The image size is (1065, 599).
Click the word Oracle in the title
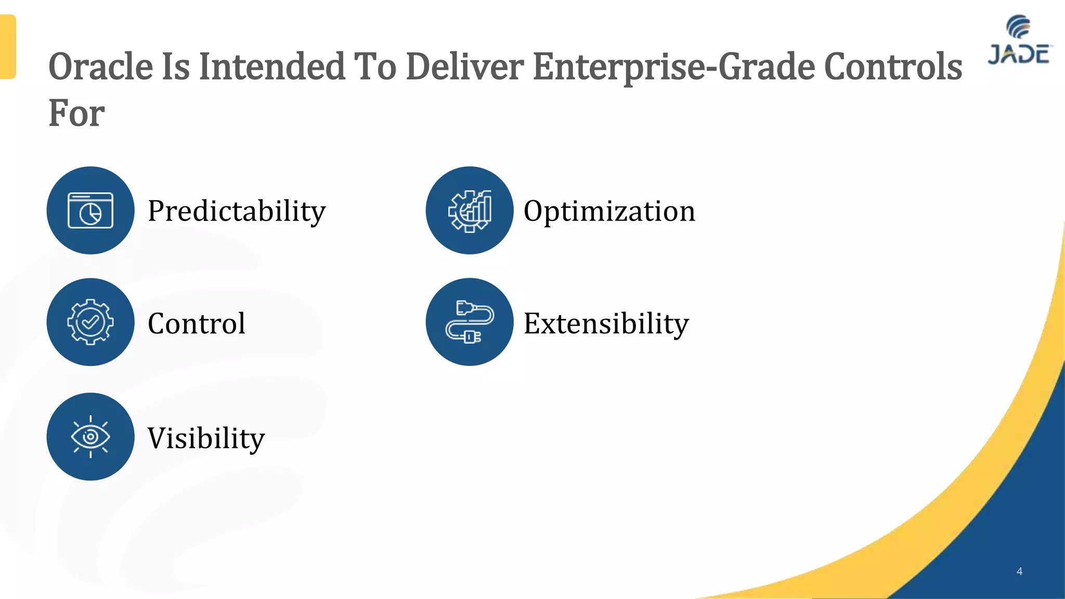[101, 67]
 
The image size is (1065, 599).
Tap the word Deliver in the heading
[464, 67]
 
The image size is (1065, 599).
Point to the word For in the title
[76, 113]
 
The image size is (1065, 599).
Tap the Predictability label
[237, 211]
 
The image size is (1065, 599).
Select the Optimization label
[609, 211]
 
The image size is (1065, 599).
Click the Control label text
[197, 323]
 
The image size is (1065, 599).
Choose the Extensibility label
[606, 323]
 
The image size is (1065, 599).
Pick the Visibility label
[206, 437]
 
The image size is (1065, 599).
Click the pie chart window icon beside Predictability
[90, 210]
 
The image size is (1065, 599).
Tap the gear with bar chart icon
[470, 210]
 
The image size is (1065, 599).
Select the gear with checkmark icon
[90, 322]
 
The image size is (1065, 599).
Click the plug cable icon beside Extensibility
[470, 322]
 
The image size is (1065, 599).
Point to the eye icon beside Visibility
[90, 436]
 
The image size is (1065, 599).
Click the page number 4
[1019, 571]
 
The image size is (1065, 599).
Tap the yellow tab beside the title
[8, 47]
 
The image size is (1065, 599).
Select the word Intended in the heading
[272, 67]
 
